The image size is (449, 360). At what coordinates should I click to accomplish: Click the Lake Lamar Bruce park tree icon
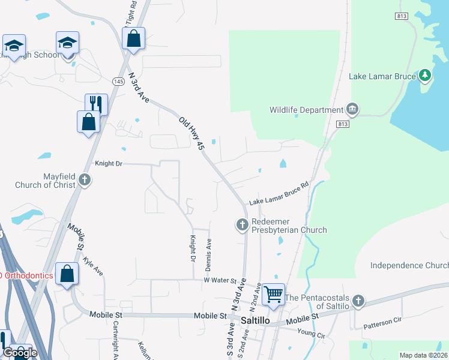coord(426,75)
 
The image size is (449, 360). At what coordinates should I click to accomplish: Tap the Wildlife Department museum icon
coord(352,109)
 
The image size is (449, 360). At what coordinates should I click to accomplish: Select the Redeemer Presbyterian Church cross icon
coord(242,225)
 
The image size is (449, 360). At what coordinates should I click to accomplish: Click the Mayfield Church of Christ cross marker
coord(85,179)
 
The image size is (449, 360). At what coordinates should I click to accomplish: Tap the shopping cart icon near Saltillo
coord(273,294)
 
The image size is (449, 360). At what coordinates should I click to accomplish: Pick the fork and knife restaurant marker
coord(95,104)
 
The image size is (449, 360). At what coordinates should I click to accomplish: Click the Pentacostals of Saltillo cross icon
coord(358,301)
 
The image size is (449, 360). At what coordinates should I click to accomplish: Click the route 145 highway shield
coord(118,80)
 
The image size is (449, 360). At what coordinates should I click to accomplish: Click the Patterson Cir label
coord(382,322)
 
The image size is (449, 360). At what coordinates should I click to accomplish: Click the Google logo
coord(19,352)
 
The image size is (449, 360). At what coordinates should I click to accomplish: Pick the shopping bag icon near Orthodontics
coord(67,274)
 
